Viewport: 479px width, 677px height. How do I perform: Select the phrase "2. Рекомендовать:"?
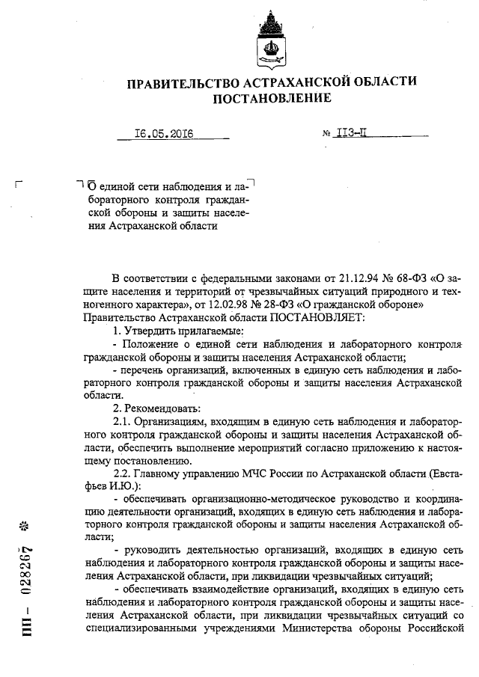(x=150, y=408)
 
